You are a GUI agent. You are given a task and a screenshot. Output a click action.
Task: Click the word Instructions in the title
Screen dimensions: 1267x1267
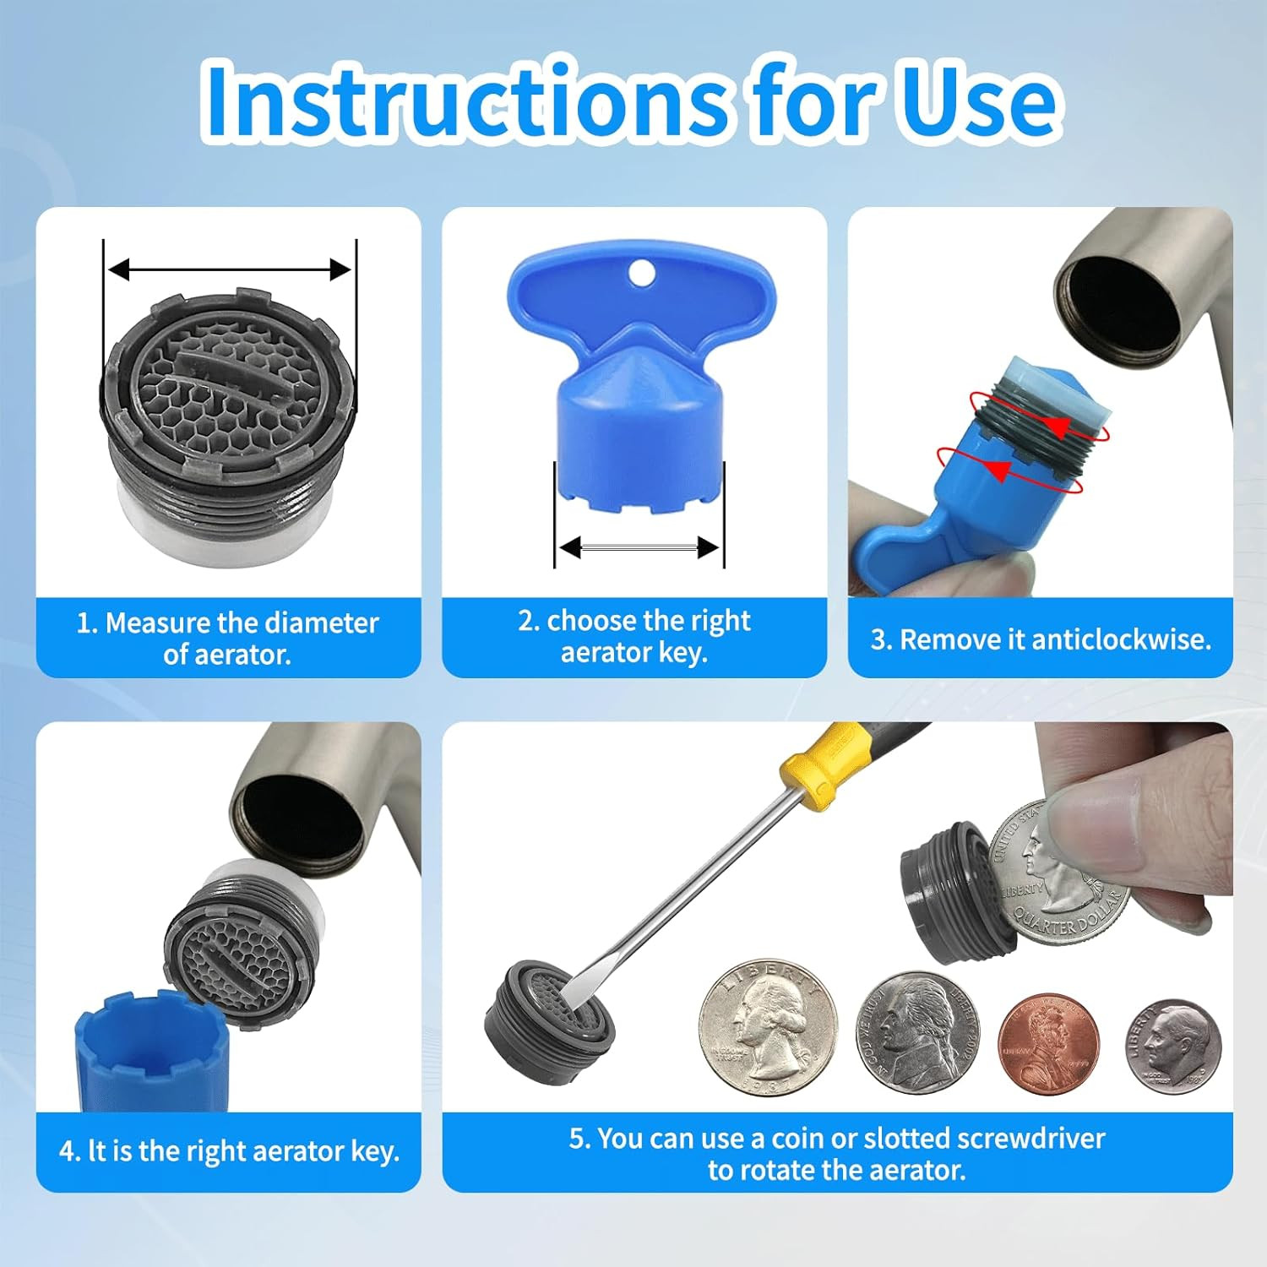464,100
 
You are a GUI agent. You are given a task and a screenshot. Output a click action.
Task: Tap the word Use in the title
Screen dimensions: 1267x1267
980,101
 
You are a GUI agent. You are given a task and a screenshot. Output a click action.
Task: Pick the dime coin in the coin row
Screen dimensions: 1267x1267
1173,1047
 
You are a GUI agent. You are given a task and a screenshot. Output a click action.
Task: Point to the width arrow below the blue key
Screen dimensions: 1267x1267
639,548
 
